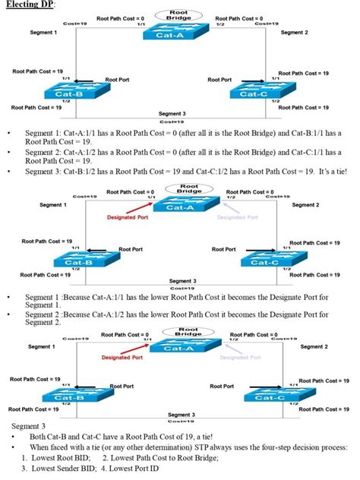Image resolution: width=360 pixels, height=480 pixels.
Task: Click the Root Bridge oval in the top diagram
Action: pos(179,14)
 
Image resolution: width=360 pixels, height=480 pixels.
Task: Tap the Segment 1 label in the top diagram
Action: pos(43,33)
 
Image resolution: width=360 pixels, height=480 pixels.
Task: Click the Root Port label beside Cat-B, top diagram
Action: pos(118,79)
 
